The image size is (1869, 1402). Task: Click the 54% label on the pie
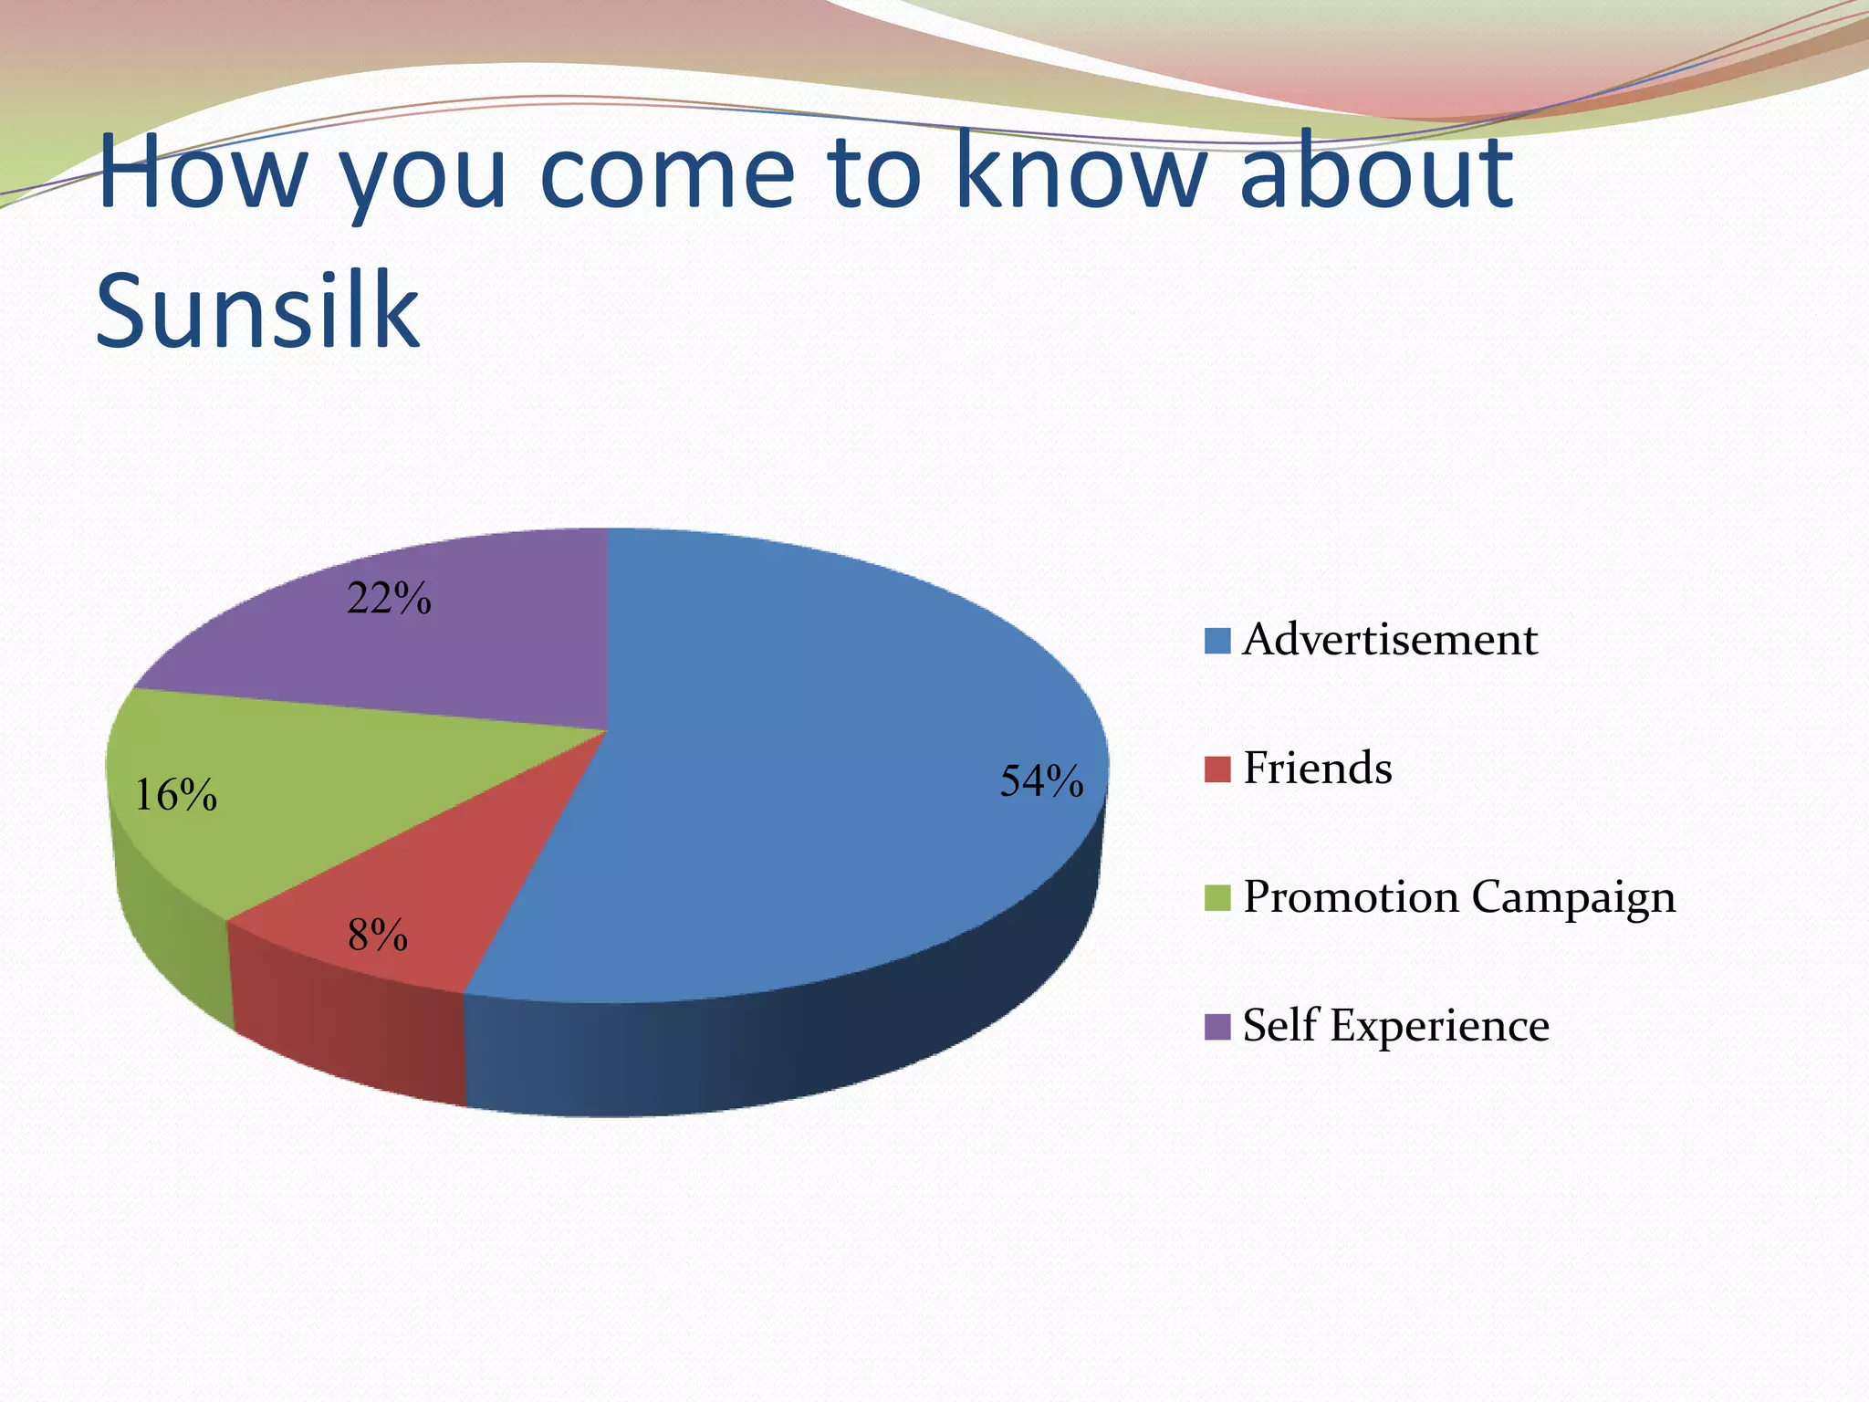(x=1041, y=781)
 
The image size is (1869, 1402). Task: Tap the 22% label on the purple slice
(x=389, y=599)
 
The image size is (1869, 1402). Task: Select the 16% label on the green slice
(x=175, y=795)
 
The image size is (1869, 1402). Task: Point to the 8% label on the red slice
(x=377, y=935)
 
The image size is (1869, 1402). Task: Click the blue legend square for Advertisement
(x=1217, y=641)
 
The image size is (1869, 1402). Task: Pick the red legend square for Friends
(x=1217, y=769)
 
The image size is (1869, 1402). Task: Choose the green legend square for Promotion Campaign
(x=1217, y=898)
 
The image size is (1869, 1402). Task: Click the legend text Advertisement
(x=1390, y=640)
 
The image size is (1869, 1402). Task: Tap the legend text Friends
(x=1318, y=769)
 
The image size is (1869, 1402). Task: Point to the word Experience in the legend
(x=1439, y=1026)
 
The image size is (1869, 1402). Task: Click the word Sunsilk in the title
(x=257, y=310)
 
